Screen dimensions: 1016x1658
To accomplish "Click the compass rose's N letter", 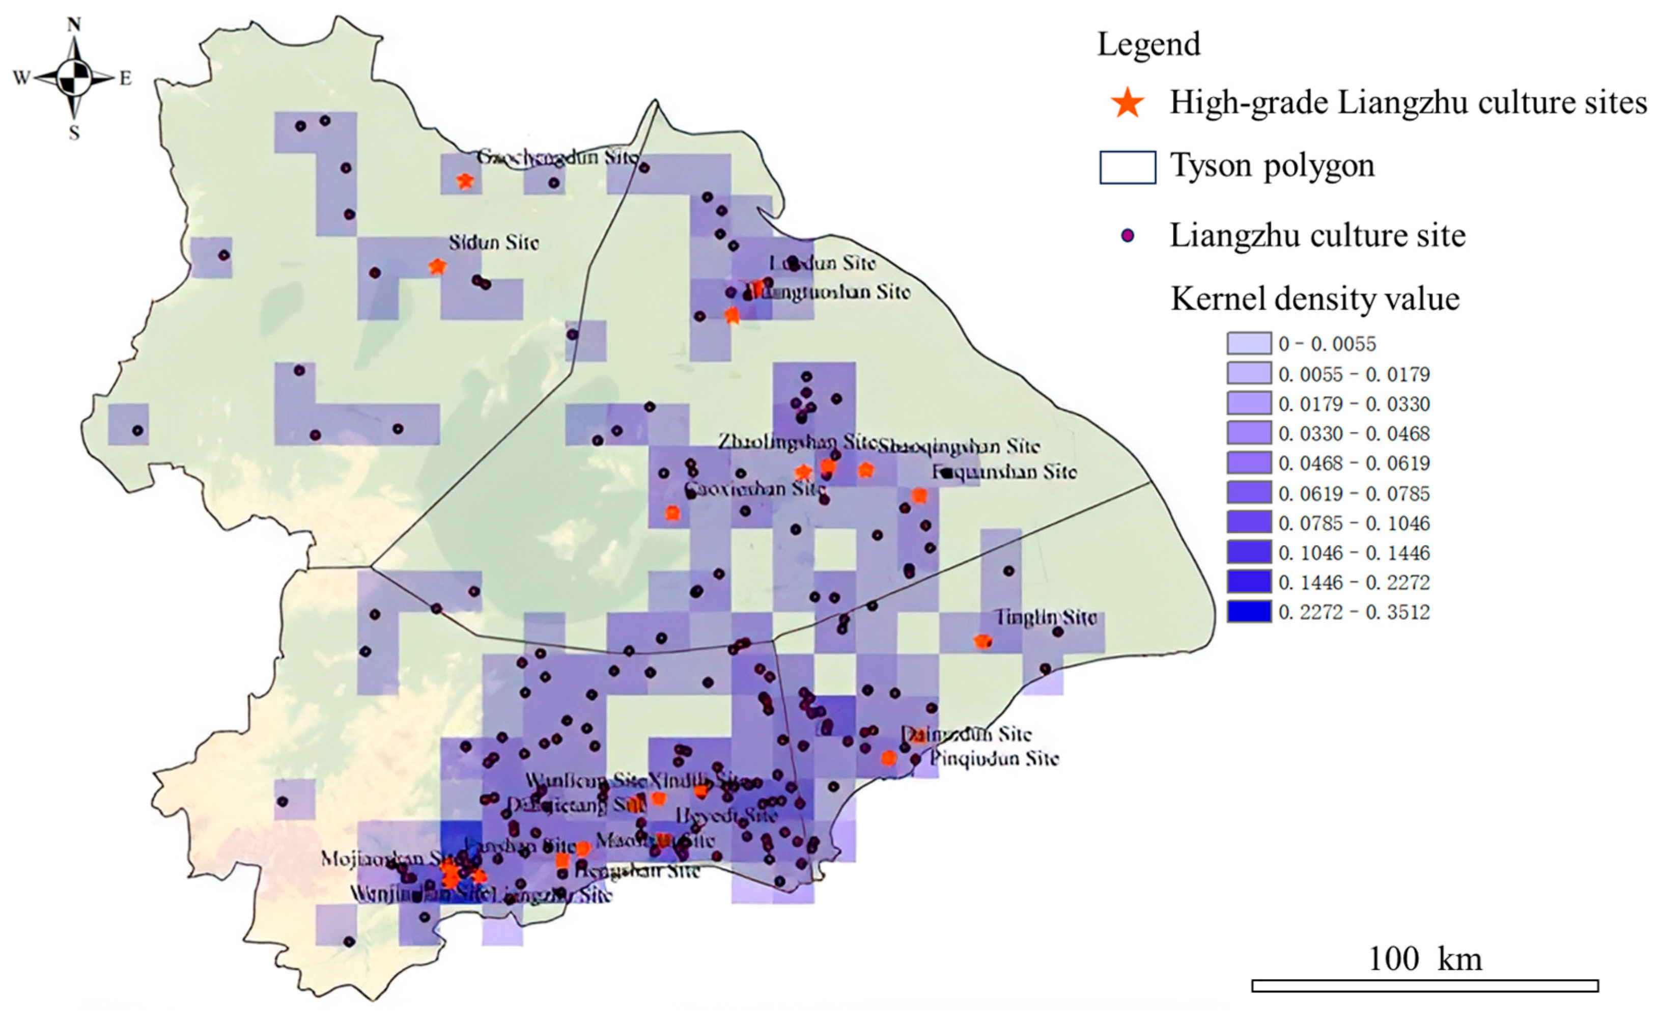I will click(x=74, y=25).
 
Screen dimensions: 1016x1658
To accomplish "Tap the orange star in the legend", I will click(x=1128, y=103).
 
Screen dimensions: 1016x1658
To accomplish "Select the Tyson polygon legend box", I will click(x=1128, y=167).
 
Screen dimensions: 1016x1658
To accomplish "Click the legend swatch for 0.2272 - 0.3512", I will click(x=1249, y=611).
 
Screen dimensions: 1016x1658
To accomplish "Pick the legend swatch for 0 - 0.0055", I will click(x=1249, y=343).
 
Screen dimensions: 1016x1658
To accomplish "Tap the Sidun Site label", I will click(x=494, y=242).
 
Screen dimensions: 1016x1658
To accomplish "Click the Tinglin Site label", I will click(x=1046, y=617).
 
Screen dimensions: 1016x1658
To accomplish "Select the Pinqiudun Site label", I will click(x=995, y=759).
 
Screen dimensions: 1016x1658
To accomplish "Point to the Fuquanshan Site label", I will click(x=1004, y=472).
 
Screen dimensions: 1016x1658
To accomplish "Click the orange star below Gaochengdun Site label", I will click(x=464, y=181).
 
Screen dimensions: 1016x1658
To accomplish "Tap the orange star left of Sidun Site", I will click(x=437, y=267).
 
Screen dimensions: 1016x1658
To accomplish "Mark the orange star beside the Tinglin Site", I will click(x=983, y=642).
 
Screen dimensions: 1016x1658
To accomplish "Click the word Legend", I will click(x=1148, y=44).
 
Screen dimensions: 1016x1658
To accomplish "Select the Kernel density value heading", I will click(x=1315, y=299).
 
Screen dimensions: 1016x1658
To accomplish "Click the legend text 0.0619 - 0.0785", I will click(x=1354, y=493).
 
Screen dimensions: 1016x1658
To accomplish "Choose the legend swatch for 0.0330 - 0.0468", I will click(x=1249, y=433).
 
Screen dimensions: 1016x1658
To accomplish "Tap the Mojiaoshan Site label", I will click(x=383, y=859).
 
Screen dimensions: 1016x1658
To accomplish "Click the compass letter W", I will click(x=21, y=78).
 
